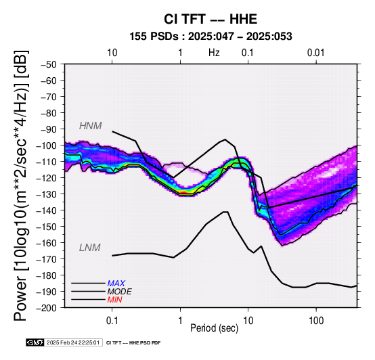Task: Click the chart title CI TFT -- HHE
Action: [x=211, y=19]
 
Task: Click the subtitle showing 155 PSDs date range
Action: [x=211, y=37]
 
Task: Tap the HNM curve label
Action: [x=91, y=126]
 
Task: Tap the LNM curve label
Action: [x=89, y=248]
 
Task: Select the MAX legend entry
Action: [x=116, y=284]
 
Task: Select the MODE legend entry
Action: [x=119, y=292]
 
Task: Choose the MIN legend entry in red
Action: [x=114, y=300]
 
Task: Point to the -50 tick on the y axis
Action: [x=49, y=64]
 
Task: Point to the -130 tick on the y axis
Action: [x=47, y=194]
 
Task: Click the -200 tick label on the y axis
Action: [x=47, y=308]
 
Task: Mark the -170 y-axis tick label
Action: [x=47, y=259]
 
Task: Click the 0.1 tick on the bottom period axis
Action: [x=112, y=320]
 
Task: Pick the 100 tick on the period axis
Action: [x=316, y=320]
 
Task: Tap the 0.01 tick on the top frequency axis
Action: [x=316, y=53]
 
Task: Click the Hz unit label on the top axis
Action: [x=214, y=53]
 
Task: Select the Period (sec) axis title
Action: [x=215, y=328]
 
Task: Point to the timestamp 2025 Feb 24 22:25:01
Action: [x=73, y=342]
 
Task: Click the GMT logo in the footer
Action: [x=35, y=342]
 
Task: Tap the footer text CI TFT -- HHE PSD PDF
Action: [x=133, y=343]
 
